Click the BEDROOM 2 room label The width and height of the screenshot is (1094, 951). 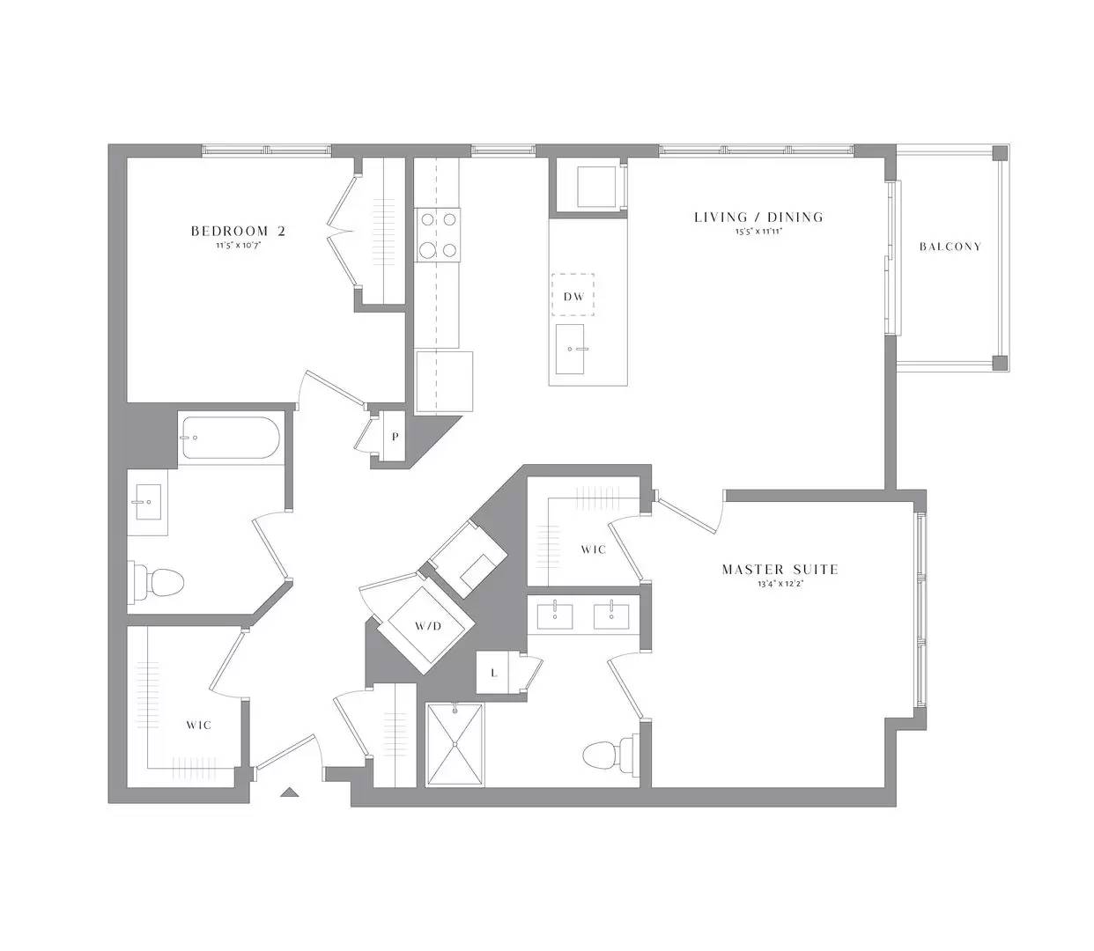coord(238,232)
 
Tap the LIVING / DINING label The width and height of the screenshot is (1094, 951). coord(758,217)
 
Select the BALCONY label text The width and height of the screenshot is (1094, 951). coord(950,247)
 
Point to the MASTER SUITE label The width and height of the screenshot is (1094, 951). coord(780,570)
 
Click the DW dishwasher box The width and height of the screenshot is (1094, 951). coord(573,296)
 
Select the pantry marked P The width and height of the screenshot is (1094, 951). coord(395,436)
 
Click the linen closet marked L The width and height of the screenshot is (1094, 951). coord(493,674)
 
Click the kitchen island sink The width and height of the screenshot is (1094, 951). coord(571,349)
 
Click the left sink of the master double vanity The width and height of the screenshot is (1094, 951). coord(555,617)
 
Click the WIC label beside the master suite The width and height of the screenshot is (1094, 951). coord(593,549)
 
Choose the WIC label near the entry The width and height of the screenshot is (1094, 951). coord(198,725)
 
